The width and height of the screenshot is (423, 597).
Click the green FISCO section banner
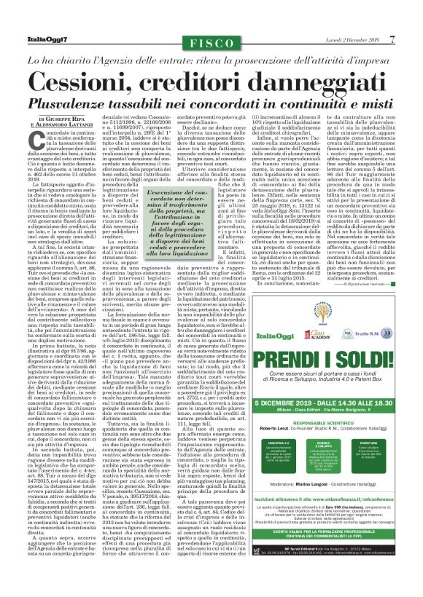click(x=211, y=44)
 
